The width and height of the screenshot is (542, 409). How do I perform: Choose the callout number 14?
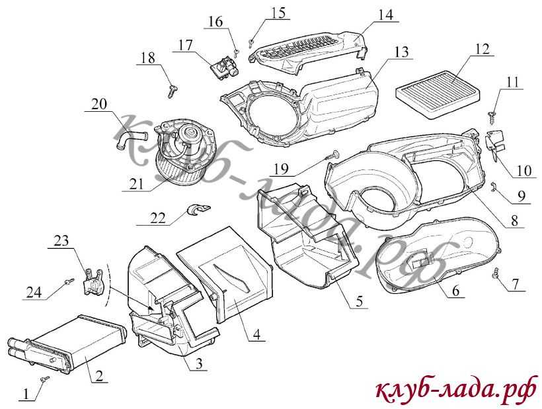point(385,14)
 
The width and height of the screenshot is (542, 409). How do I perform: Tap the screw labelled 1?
point(46,379)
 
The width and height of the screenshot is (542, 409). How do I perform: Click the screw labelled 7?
point(495,273)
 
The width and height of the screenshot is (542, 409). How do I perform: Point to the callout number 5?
point(359,301)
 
